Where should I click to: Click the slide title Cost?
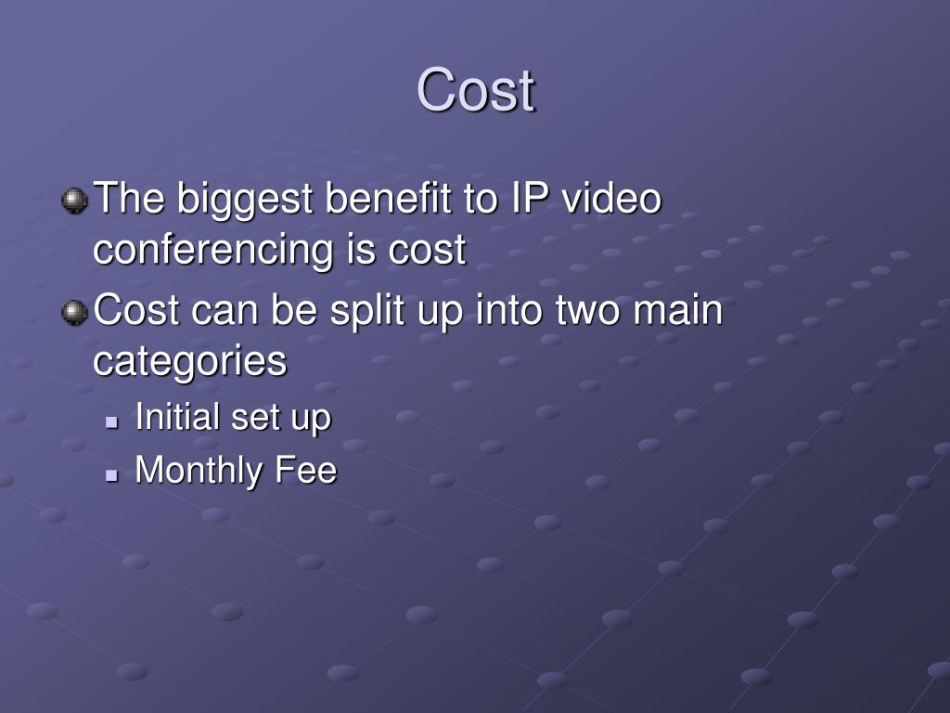pyautogui.click(x=476, y=91)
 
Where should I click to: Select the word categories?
pyautogui.click(x=190, y=362)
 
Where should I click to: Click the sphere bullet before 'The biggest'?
pyautogui.click(x=74, y=200)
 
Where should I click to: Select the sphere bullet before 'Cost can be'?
pyautogui.click(x=74, y=311)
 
